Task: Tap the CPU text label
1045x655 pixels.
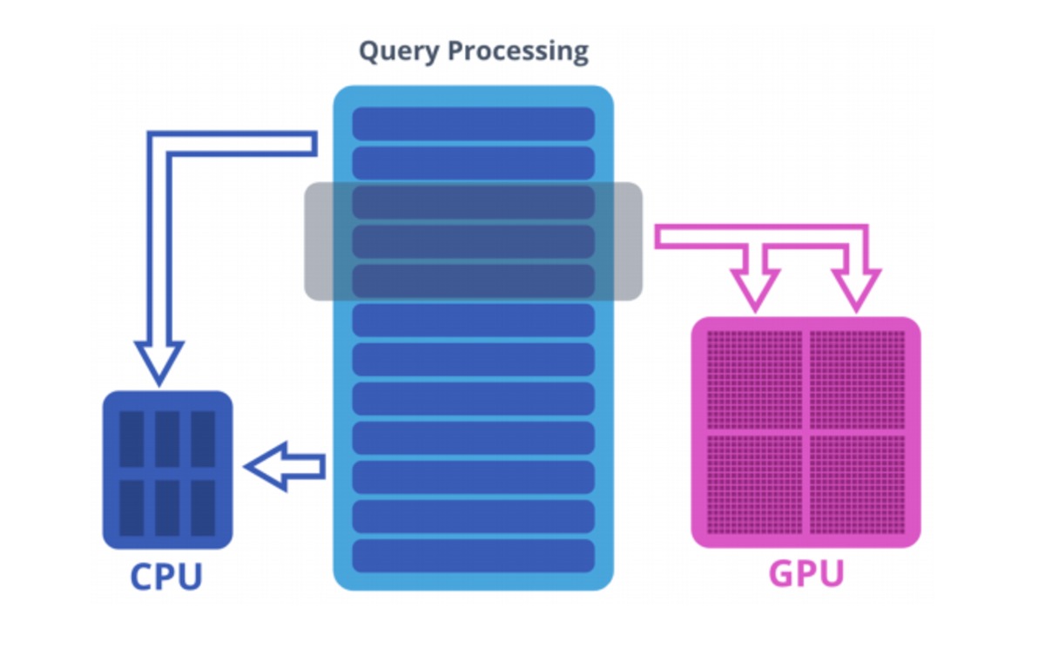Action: coord(166,577)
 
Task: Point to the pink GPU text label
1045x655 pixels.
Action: coord(806,575)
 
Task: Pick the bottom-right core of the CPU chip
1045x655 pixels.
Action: coord(203,507)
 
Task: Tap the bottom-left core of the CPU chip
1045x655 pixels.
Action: coord(131,507)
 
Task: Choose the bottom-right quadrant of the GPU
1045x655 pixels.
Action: coord(858,484)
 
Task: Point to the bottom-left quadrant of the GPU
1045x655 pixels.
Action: coord(754,484)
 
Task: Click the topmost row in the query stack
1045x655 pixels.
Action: coord(473,124)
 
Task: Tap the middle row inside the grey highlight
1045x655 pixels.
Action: coord(473,241)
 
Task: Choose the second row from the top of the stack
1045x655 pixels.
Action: coord(473,163)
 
